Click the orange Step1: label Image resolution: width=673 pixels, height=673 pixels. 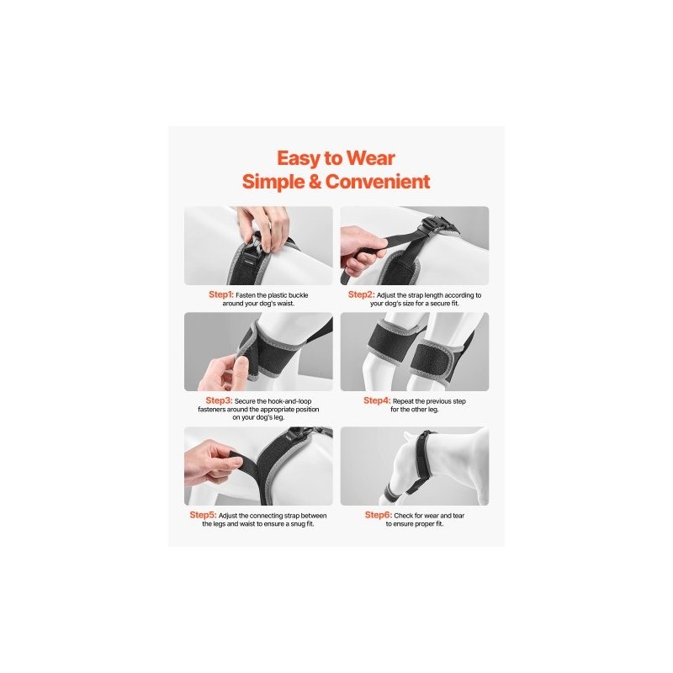click(221, 294)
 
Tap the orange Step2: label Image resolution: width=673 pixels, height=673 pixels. click(362, 294)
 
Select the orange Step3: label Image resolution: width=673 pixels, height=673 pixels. click(219, 400)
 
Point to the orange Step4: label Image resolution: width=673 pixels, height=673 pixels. click(377, 400)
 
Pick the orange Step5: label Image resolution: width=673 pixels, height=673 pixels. click(203, 515)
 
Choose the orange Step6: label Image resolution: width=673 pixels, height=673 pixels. click(379, 515)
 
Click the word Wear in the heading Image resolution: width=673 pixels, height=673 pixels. click(371, 158)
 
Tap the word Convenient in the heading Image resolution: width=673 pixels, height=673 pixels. click(378, 182)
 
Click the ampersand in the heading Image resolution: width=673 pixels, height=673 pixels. click(315, 182)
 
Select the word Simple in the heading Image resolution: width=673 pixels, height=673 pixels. click(273, 183)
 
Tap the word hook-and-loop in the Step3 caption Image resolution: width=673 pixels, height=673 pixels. click(284, 401)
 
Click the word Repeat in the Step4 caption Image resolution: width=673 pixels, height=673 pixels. click(403, 402)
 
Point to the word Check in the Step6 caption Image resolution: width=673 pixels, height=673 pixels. click(404, 516)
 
